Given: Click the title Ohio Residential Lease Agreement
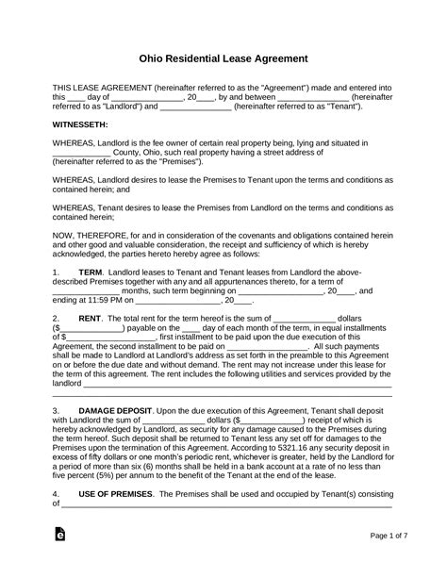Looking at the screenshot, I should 223,58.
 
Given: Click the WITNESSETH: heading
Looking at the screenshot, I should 80,124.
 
